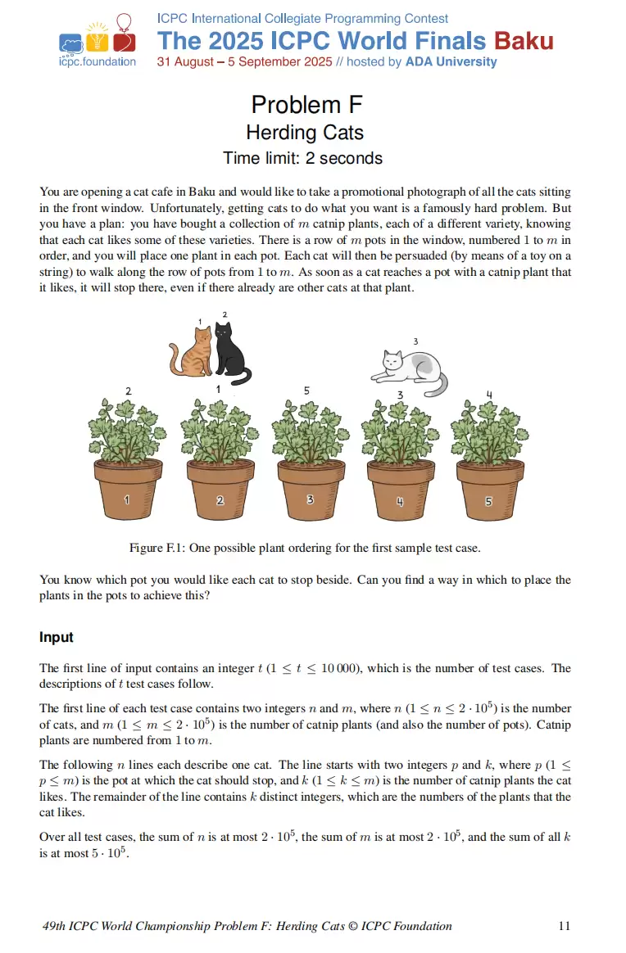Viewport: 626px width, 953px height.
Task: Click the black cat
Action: [x=224, y=350]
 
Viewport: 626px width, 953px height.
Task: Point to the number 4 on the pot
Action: [x=400, y=501]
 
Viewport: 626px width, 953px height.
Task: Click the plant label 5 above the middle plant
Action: [x=306, y=391]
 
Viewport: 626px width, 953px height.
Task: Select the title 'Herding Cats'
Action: [x=305, y=133]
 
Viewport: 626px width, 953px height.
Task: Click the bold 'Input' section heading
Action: [x=57, y=637]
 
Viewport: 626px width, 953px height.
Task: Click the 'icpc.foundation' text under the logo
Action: [x=98, y=62]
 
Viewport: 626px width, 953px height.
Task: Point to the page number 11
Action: [x=564, y=926]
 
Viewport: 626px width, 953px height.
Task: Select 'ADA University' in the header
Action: [x=451, y=62]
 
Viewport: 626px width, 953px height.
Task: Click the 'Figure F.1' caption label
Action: [x=157, y=547]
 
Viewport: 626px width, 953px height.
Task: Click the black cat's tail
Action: [x=242, y=377]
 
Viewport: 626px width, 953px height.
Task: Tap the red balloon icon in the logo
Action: [x=123, y=22]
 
